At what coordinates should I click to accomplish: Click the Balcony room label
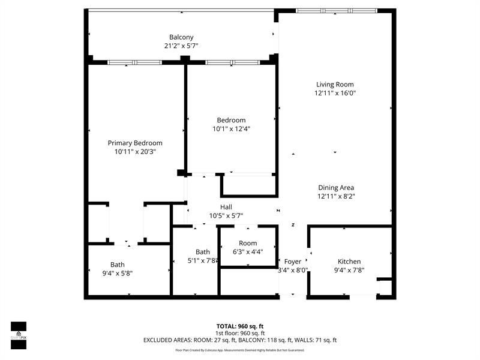click(x=181, y=37)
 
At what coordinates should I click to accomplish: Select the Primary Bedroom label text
click(x=135, y=143)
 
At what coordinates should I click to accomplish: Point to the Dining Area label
click(x=335, y=188)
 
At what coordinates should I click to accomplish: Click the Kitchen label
click(x=349, y=262)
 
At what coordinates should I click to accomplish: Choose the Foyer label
click(x=293, y=262)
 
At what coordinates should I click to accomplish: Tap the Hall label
click(x=226, y=207)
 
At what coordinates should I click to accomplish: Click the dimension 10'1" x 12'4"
click(x=231, y=128)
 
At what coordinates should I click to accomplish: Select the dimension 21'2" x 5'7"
click(x=181, y=46)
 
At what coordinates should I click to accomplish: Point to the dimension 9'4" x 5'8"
click(x=117, y=273)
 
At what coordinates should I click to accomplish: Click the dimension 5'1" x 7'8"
click(x=202, y=260)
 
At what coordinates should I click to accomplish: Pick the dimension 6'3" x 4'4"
click(x=248, y=252)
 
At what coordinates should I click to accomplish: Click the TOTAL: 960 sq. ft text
click(x=240, y=326)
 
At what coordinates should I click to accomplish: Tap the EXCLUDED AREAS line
click(x=240, y=340)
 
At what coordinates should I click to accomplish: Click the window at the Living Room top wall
click(x=337, y=11)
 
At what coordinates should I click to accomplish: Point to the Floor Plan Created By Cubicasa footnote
click(x=240, y=350)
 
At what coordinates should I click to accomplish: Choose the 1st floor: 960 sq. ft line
click(x=240, y=333)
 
